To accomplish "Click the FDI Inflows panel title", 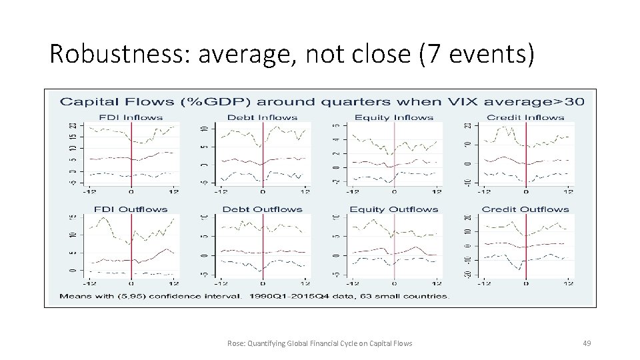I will pyautogui.click(x=131, y=117).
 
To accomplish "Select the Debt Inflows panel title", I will pyautogui.click(x=263, y=117).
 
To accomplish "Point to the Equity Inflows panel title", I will pyautogui.click(x=394, y=117).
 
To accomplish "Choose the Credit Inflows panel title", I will pyautogui.click(x=526, y=117).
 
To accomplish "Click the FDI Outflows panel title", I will pyautogui.click(x=131, y=209).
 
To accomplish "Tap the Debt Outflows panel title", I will pyautogui.click(x=263, y=209).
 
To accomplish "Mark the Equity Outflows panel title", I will pyautogui.click(x=394, y=209).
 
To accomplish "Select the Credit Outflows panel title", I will pyautogui.click(x=526, y=209).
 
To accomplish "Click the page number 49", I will pyautogui.click(x=587, y=343).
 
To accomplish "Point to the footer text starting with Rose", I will pyautogui.click(x=320, y=343).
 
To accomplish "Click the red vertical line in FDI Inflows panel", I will pyautogui.click(x=131, y=153).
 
